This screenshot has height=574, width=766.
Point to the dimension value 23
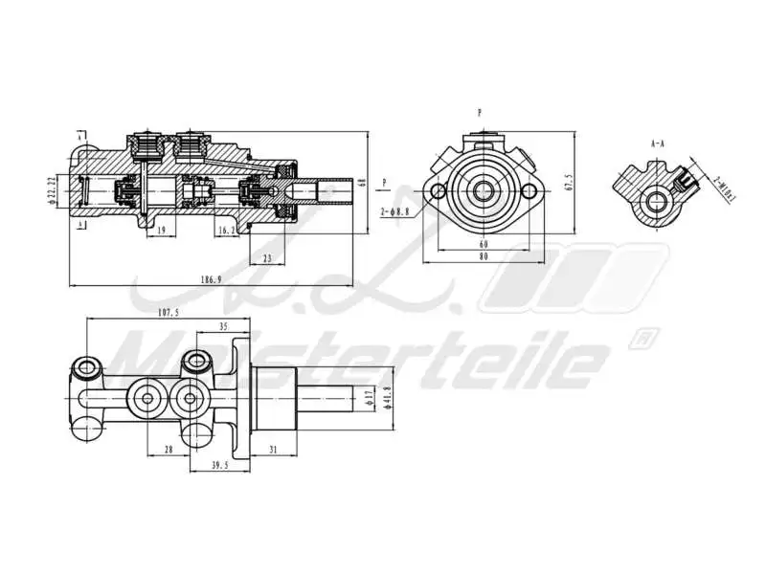(266, 258)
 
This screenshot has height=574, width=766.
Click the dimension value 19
(161, 231)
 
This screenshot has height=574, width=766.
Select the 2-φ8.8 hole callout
(394, 211)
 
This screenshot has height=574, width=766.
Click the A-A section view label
(658, 143)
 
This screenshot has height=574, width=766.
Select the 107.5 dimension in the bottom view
(167, 312)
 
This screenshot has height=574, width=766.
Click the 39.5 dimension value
(220, 466)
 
